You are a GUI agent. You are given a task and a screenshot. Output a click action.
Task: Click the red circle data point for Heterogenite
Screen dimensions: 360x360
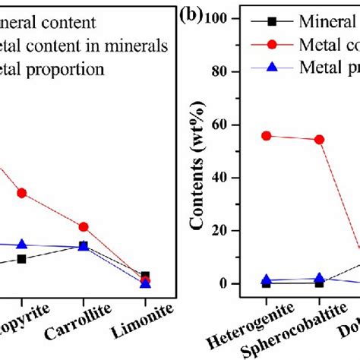(266, 136)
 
